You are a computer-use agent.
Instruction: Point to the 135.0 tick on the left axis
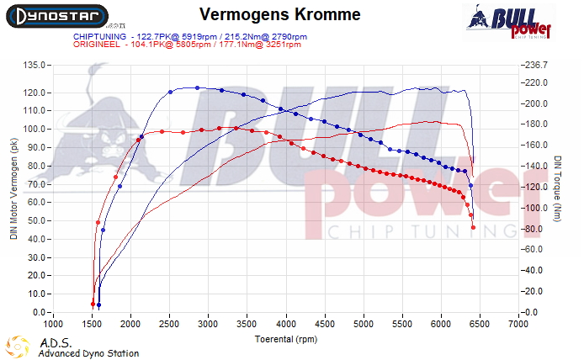click(35, 65)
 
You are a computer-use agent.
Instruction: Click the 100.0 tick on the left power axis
click(35, 129)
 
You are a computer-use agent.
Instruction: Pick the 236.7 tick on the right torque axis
click(536, 65)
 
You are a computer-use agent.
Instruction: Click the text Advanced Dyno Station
click(88, 353)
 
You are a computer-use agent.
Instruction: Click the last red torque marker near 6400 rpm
click(473, 227)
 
